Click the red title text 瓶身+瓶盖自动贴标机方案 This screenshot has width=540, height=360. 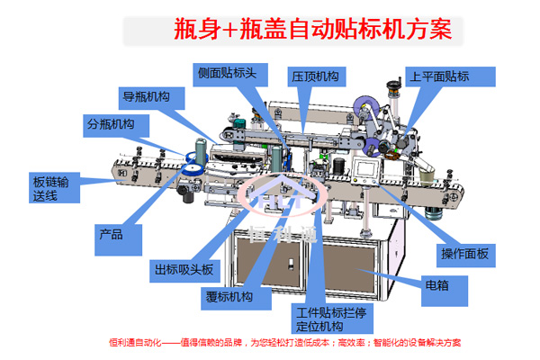click(x=319, y=31)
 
